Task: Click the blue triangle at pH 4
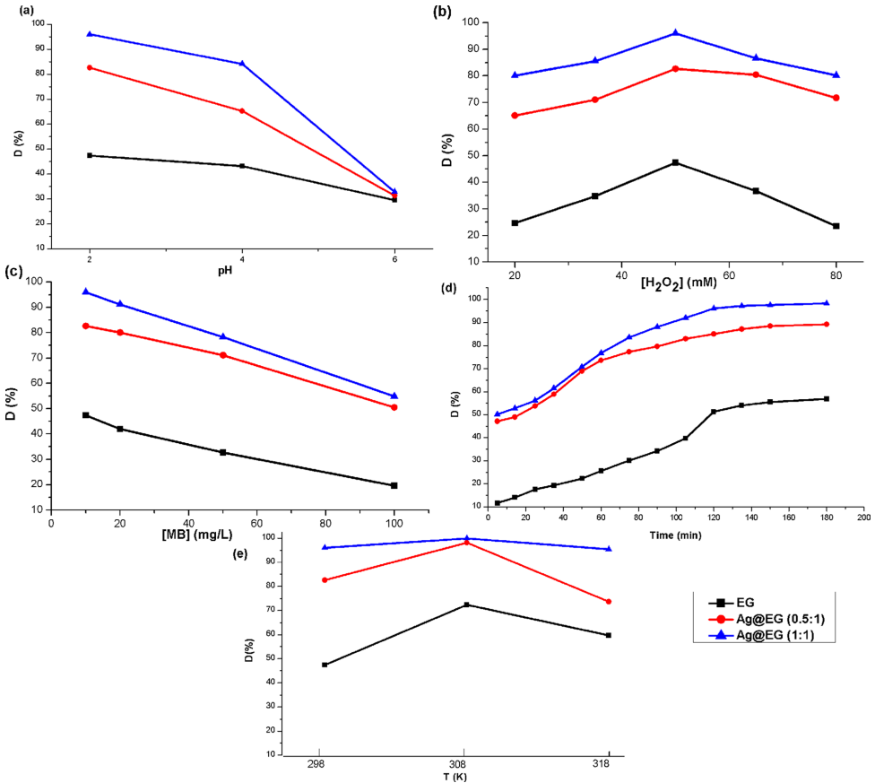[x=242, y=64]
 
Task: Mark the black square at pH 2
[x=90, y=155]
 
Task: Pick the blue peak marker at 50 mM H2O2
[x=675, y=33]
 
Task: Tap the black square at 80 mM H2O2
[x=836, y=226]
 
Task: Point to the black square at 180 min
[x=827, y=399]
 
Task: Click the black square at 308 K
[x=466, y=605]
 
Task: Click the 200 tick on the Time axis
[x=863, y=518]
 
